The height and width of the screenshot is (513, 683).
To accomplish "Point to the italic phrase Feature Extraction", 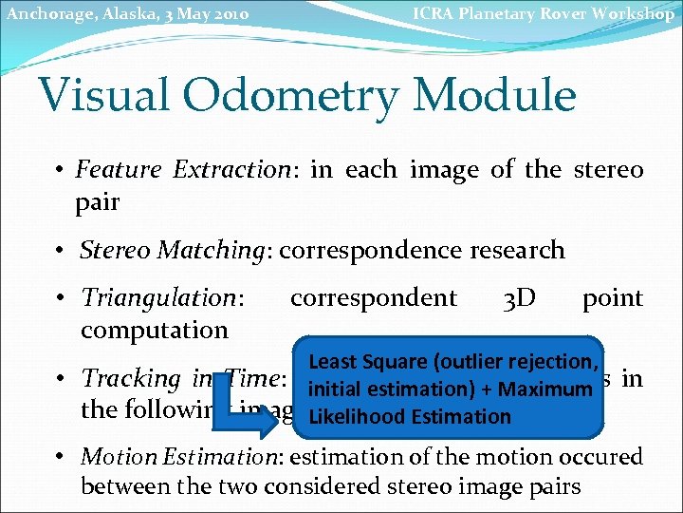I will [x=182, y=170].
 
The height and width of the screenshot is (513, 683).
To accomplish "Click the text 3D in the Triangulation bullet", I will [x=519, y=298].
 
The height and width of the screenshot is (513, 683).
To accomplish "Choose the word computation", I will [x=155, y=331].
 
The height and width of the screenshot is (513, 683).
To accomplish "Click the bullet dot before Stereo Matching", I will [x=60, y=251].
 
